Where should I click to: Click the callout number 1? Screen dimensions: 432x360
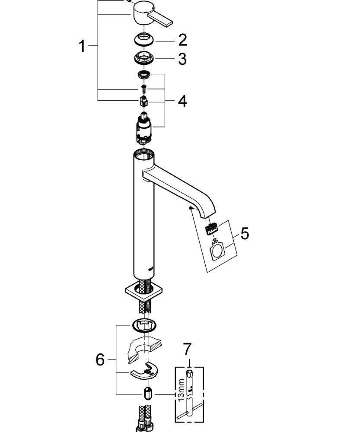(82, 46)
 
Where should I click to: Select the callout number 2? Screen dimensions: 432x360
(182, 40)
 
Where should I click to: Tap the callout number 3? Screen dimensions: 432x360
(182, 59)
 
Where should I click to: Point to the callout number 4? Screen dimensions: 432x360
(182, 102)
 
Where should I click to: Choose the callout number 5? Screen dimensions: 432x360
(245, 234)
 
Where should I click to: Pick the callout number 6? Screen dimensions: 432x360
(100, 359)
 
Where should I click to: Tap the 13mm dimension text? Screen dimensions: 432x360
(182, 389)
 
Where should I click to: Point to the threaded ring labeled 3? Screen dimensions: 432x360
(144, 57)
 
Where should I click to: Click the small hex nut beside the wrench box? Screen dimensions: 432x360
(147, 394)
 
